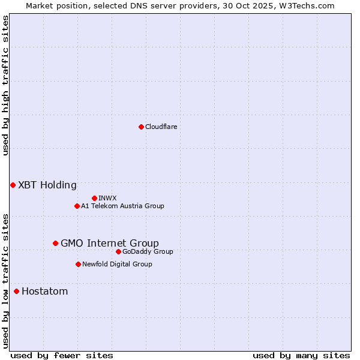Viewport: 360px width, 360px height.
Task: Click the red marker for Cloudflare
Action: pyautogui.click(x=141, y=127)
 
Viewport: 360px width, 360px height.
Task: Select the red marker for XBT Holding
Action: pyautogui.click(x=13, y=185)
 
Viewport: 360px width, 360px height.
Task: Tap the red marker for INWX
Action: pyautogui.click(x=94, y=198)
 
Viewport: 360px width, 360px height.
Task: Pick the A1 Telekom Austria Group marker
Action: pyautogui.click(x=77, y=206)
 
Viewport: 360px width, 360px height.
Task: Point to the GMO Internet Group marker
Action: pyautogui.click(x=55, y=243)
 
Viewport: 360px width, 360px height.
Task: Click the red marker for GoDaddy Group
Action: pyautogui.click(x=118, y=251)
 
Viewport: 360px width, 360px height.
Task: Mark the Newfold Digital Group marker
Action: pyautogui.click(x=78, y=264)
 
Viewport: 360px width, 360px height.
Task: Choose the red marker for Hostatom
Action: pyautogui.click(x=16, y=291)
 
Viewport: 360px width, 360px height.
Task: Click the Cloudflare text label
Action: pyautogui.click(x=161, y=127)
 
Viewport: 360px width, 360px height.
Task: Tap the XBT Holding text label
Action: pyautogui.click(x=47, y=185)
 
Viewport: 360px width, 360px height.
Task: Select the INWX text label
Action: pyautogui.click(x=107, y=198)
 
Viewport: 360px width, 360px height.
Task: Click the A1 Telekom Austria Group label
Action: pyautogui.click(x=122, y=206)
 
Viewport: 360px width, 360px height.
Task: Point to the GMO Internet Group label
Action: pyautogui.click(x=110, y=243)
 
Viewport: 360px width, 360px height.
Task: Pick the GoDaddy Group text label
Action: pyautogui.click(x=148, y=251)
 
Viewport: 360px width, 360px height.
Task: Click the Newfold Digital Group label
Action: pyautogui.click(x=117, y=264)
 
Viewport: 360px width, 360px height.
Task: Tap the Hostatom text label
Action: pyautogui.click(x=45, y=291)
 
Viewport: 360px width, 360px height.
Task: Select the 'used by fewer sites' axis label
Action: pyautogui.click(x=62, y=355)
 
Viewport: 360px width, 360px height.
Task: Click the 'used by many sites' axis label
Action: pyautogui.click(x=301, y=355)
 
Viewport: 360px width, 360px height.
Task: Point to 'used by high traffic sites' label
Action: pyautogui.click(x=5, y=85)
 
